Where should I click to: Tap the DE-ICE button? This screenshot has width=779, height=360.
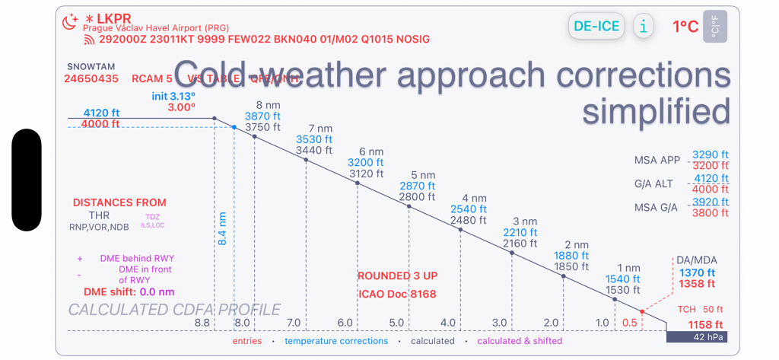[x=596, y=26]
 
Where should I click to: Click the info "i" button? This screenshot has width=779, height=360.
[x=644, y=26]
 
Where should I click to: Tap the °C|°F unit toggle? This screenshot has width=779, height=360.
[x=714, y=27]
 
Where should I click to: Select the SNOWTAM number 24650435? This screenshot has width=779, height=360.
[x=91, y=78]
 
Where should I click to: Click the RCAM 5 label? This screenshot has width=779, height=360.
[x=152, y=78]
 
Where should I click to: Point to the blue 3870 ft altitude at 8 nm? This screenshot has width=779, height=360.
[x=262, y=116]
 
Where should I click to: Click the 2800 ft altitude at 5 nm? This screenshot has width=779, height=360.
[x=417, y=197]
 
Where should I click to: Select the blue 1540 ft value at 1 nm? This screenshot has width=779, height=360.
[x=623, y=279]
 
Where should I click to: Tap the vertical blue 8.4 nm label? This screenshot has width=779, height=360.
[x=222, y=228]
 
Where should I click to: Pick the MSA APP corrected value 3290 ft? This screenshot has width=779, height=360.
[x=710, y=155]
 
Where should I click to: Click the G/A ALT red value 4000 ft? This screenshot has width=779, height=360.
[x=710, y=190]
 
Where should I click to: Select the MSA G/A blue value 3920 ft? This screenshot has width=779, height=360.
[x=710, y=202]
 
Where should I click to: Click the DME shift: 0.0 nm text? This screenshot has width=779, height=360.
[x=129, y=292]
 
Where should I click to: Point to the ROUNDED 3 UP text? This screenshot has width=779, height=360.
[x=397, y=276]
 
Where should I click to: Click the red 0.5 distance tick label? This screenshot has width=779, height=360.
[x=629, y=323]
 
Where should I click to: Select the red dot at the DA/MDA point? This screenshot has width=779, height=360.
[x=642, y=312]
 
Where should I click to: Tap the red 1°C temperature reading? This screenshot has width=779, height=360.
[x=685, y=27]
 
